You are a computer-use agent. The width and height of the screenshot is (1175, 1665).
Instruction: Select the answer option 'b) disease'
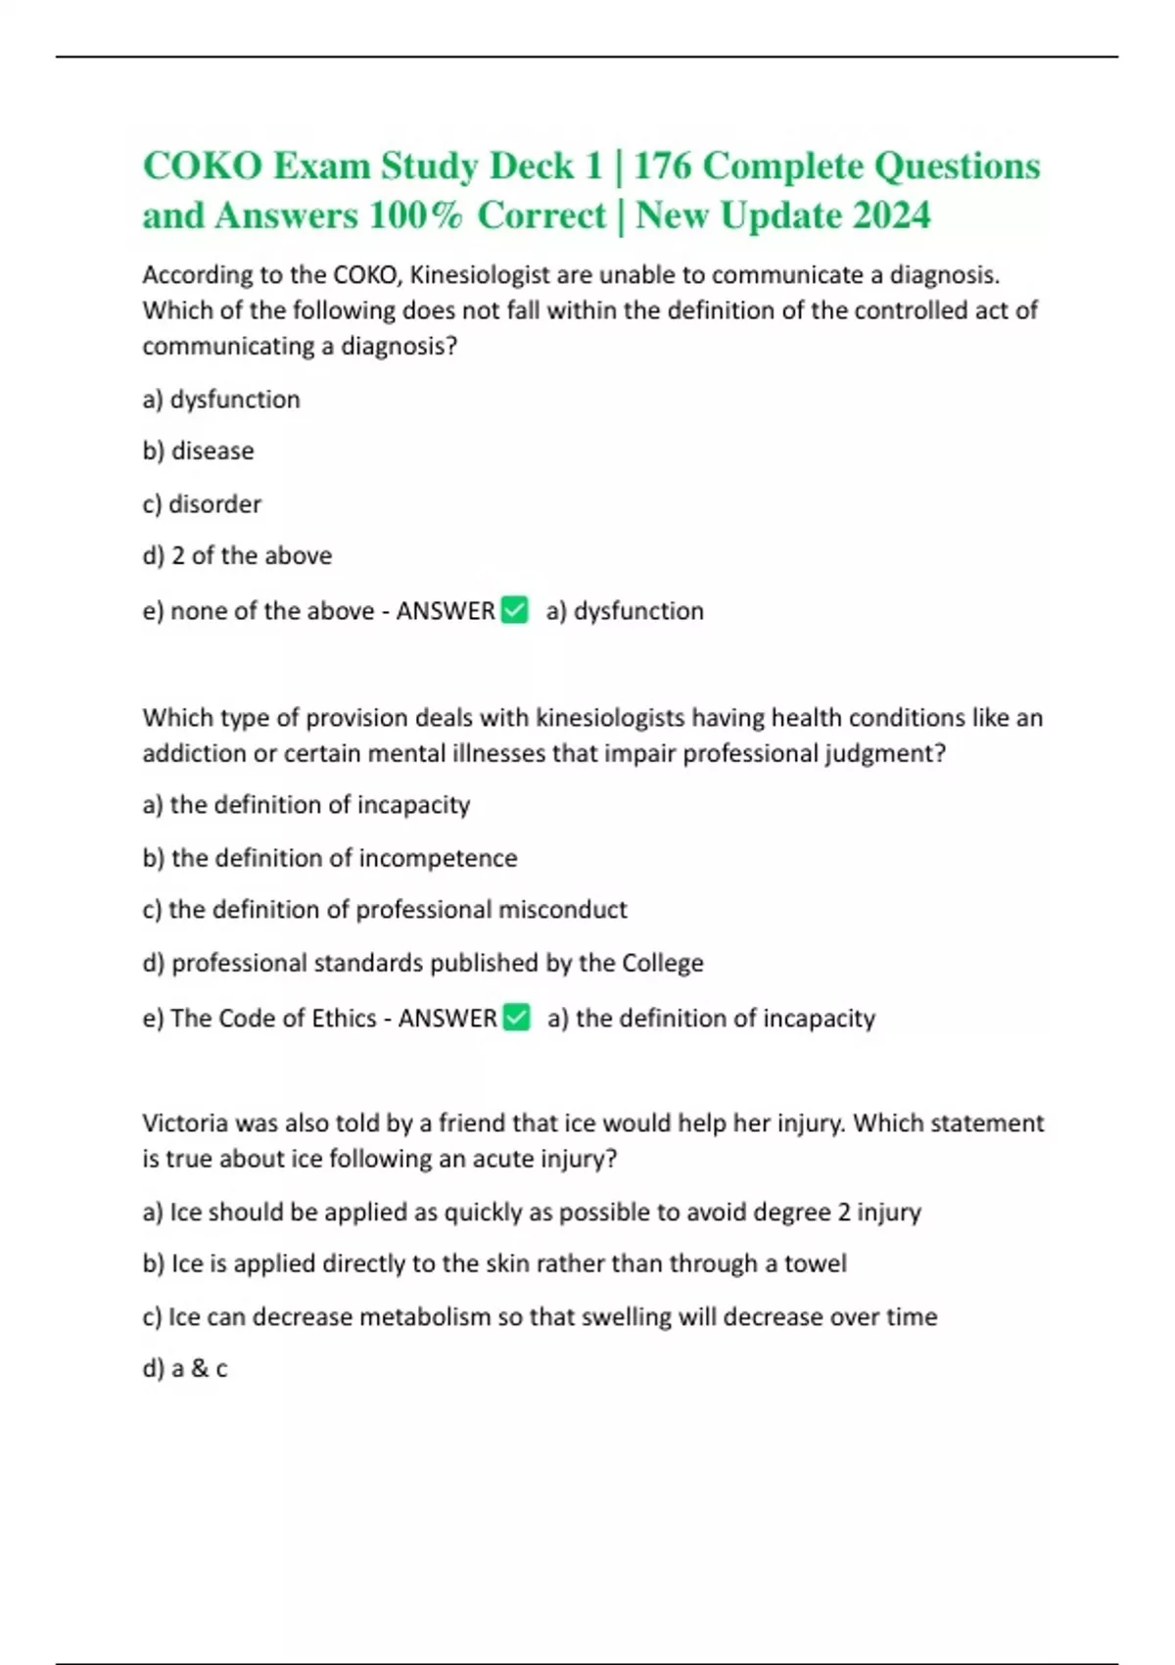coord(198,452)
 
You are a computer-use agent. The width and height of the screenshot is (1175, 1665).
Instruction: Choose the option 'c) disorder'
coord(202,504)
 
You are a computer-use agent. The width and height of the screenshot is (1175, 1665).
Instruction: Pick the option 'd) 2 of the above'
coord(237,556)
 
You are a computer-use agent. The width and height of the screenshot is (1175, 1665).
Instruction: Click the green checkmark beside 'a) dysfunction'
coord(514,610)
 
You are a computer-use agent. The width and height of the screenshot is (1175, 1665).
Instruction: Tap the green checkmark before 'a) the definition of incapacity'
coord(516,1018)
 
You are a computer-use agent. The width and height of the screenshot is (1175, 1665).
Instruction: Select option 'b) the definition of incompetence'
coord(329,858)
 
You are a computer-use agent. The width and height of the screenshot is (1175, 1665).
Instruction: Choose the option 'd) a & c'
coord(185,1369)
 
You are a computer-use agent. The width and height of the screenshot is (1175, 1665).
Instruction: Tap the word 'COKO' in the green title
coord(202,166)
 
